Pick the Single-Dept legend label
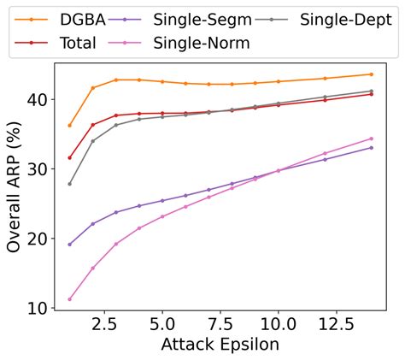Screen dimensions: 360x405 pos(342,18)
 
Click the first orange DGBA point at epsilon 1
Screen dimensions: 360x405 pos(69,126)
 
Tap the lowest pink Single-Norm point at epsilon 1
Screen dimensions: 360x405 pos(69,299)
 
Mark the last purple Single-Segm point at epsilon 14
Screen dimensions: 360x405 pos(371,148)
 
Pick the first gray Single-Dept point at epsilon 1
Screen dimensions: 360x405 pos(69,184)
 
